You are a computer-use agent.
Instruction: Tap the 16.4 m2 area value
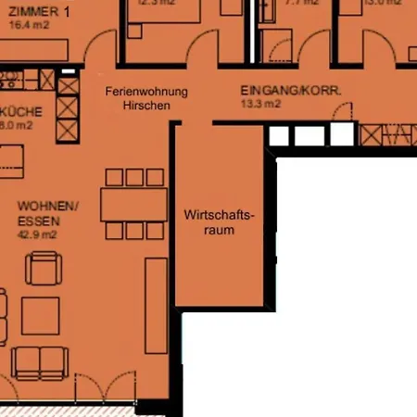coord(27,27)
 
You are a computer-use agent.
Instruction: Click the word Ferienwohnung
coord(146,92)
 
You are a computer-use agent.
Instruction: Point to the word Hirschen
coord(146,106)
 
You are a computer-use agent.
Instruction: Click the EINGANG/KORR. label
coord(291,91)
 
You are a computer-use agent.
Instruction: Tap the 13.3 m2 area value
coord(260,105)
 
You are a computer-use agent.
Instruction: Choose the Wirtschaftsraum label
coord(219,222)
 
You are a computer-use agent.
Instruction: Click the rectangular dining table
coord(133,204)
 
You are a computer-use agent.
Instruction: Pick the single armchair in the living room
coord(44,269)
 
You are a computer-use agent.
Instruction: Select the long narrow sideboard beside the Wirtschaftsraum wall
coord(156,305)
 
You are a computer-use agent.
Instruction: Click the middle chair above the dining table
coord(133,177)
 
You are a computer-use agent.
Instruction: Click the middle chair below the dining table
coord(133,231)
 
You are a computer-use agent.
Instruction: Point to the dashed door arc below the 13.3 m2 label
coord(344,115)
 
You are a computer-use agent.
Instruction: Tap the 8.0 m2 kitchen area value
coord(18,122)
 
